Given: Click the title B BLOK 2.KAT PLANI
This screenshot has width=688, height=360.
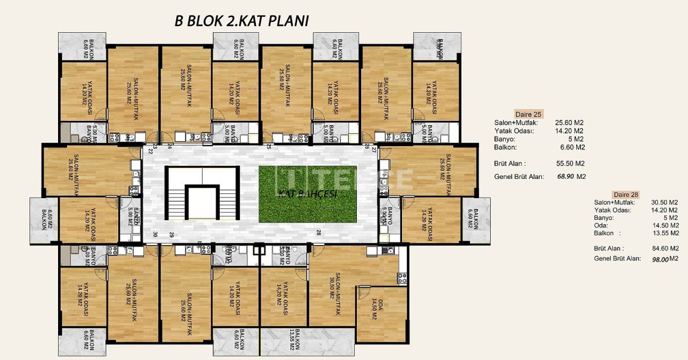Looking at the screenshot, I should (241, 21).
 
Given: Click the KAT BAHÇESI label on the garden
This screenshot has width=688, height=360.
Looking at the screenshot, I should (308, 194).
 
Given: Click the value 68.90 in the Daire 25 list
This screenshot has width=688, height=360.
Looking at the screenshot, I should (564, 176).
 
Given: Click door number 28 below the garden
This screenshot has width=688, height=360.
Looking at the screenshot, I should (318, 232).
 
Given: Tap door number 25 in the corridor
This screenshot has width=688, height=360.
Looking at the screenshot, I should (269, 146).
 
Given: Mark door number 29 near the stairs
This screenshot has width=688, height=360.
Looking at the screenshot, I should (171, 234).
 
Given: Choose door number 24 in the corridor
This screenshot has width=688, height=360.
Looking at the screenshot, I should (170, 146).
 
